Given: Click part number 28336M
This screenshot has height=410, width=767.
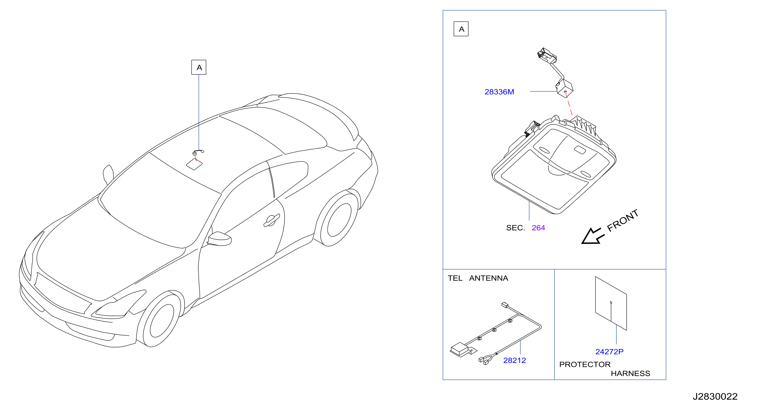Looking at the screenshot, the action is click(x=499, y=92).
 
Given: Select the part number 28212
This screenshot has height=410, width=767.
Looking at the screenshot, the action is click(x=514, y=360).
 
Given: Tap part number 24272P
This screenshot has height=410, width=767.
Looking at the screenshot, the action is click(x=609, y=352).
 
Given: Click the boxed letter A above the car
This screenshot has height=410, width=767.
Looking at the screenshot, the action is click(x=199, y=67).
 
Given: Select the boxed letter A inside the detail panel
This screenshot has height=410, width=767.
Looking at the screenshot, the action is click(x=461, y=29).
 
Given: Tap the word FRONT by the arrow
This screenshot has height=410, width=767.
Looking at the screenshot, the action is click(x=622, y=221).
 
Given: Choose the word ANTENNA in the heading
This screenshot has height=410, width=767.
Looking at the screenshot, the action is click(x=488, y=278).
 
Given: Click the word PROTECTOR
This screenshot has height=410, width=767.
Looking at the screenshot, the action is click(x=585, y=364).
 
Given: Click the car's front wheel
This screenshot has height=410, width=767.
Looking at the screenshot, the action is click(x=161, y=321).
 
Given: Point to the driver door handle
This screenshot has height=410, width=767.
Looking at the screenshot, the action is click(x=272, y=221).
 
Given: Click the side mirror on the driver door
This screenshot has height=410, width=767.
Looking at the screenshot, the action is click(x=219, y=239).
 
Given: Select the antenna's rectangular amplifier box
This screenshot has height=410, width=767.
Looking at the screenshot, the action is click(x=459, y=349).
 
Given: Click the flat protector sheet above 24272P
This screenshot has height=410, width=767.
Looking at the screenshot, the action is click(x=611, y=303).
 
